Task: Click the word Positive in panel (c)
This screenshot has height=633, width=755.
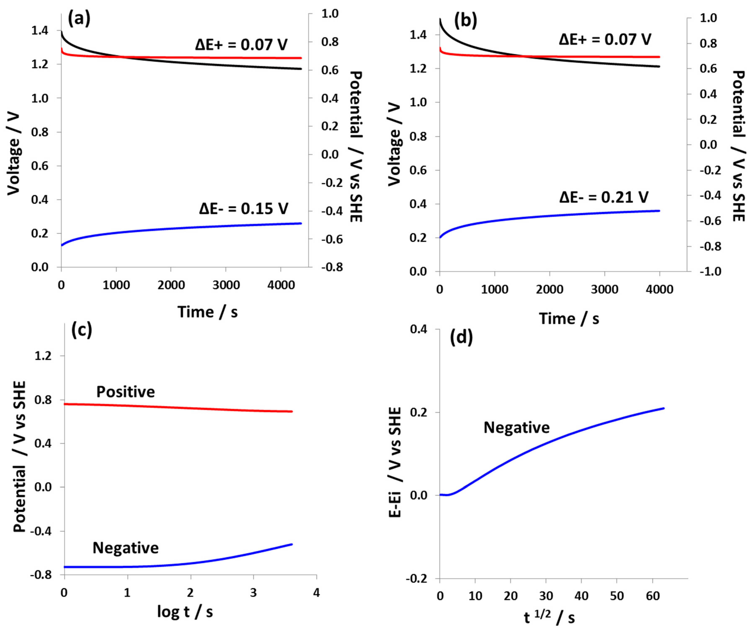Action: click(125, 392)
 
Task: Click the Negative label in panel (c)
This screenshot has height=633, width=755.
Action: click(125, 548)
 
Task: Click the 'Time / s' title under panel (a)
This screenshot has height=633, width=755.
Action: click(208, 312)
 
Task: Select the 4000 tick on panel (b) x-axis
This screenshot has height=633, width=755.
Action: click(659, 289)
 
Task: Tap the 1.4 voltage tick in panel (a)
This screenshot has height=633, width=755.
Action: click(40, 31)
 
